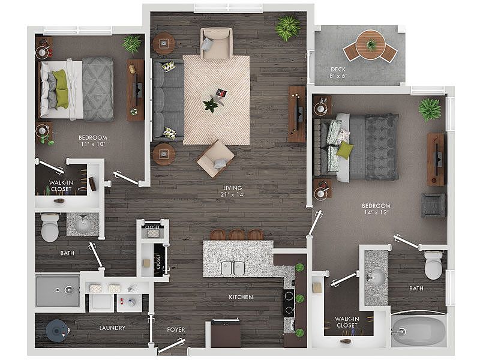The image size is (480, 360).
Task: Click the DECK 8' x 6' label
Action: [338, 73]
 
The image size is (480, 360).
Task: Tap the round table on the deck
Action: [371, 44]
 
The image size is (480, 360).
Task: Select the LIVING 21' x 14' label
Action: [233, 191]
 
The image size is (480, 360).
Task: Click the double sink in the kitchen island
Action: [233, 268]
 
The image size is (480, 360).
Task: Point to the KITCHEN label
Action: [241, 297]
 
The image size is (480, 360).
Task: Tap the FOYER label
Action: [176, 329]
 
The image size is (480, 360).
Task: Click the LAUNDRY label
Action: [112, 328]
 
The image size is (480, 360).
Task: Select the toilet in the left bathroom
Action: [50, 227]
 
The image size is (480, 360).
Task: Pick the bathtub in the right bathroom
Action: [418, 331]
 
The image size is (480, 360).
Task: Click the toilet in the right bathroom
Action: [433, 265]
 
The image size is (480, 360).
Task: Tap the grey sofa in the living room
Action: [168, 100]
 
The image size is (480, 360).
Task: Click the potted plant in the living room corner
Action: [288, 28]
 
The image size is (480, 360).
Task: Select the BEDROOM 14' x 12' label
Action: [376, 209]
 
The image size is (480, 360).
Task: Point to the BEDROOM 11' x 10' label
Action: [92, 140]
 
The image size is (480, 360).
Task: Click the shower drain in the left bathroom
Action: [58, 290]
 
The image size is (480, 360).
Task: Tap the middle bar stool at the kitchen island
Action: [236, 235]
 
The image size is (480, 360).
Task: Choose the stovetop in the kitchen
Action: [289, 303]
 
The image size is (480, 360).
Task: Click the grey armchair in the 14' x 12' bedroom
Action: [433, 205]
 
